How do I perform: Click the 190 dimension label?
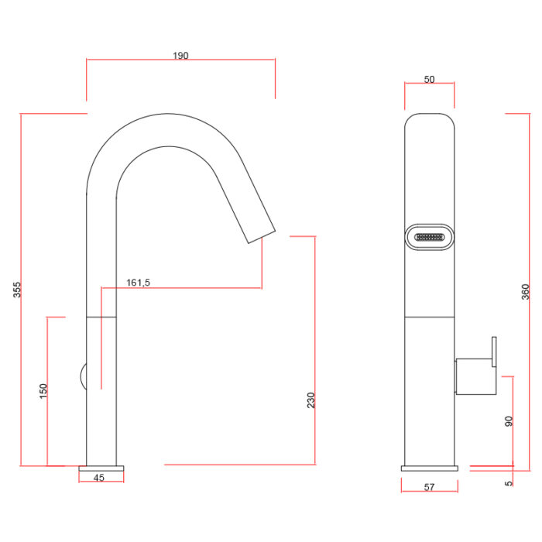coord(180,56)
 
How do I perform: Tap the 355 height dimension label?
coord(17,290)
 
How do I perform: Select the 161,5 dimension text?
coord(139,283)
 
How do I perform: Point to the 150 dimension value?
coord(43,391)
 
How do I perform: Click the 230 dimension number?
coord(311,400)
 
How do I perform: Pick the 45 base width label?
coord(99,478)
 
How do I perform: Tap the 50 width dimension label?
coord(429,80)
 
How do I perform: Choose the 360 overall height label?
coord(526,292)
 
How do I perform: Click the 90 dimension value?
coord(509,421)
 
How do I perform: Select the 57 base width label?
coord(429,487)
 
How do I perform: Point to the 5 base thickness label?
coord(509,483)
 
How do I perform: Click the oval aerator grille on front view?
coord(429,237)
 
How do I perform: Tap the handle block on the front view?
coord(476,377)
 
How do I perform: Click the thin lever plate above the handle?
coord(494,352)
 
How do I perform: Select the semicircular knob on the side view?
coord(84,377)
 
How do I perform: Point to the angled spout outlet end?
coord(262,237)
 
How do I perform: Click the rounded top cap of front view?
coord(429,119)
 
